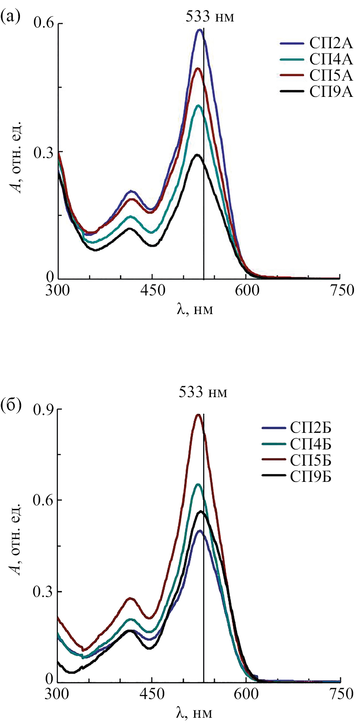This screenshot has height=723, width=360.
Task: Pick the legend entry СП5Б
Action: (x=311, y=460)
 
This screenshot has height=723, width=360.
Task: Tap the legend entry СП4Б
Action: (x=311, y=444)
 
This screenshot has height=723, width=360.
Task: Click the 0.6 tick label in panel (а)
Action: (x=43, y=24)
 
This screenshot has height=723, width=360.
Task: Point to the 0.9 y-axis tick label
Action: (x=43, y=410)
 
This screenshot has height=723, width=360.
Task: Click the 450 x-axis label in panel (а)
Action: (x=152, y=291)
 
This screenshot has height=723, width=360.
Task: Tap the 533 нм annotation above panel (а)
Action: (x=210, y=17)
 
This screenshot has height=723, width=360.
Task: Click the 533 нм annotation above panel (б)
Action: (x=203, y=392)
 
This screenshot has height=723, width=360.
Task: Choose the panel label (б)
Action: (x=11, y=404)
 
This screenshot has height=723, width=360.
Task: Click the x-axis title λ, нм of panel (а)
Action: (x=195, y=310)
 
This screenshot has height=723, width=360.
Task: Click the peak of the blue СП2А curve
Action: (x=199, y=30)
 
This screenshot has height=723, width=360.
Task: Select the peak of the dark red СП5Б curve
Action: (x=198, y=415)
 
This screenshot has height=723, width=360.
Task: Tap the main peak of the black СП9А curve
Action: (x=197, y=155)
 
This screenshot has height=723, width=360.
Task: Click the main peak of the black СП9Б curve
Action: (x=201, y=511)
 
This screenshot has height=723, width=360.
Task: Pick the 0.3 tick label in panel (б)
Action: (x=43, y=592)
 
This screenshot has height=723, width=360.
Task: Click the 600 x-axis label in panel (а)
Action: (x=246, y=291)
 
